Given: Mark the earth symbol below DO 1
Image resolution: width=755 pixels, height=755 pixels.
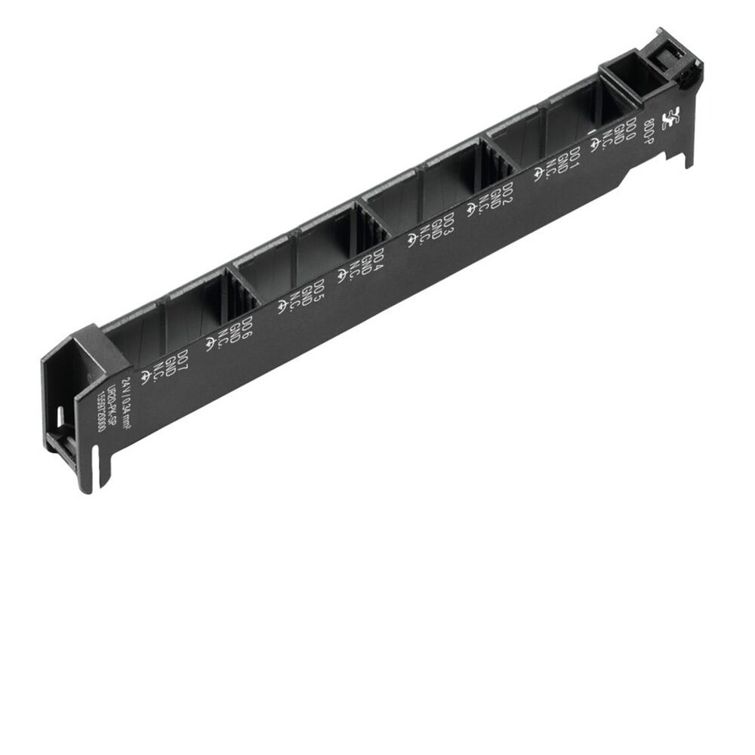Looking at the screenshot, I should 538,175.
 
